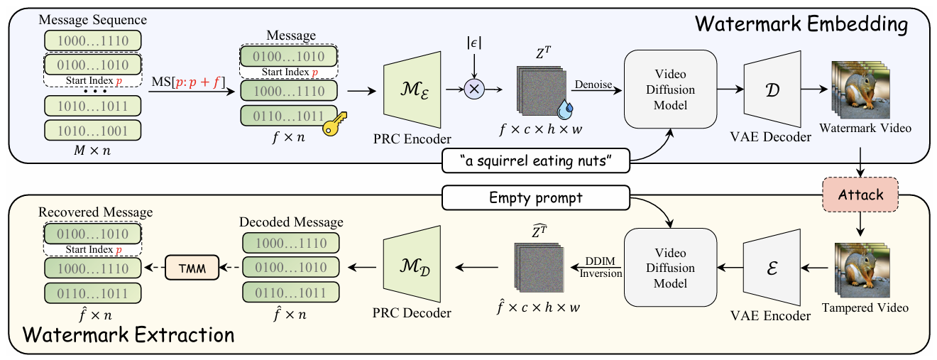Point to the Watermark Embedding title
(x=801, y=24)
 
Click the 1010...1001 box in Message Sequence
(x=92, y=131)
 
